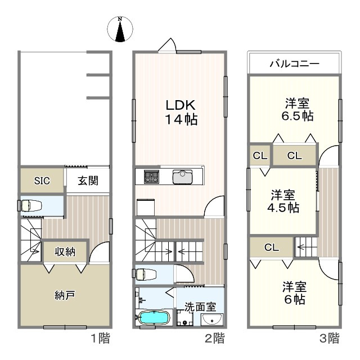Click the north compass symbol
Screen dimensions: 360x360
[x=120, y=29]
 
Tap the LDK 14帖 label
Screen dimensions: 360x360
[x=181, y=112]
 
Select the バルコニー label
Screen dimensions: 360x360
[x=295, y=64]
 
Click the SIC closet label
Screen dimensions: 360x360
[x=42, y=181]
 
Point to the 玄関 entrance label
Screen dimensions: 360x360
[x=88, y=181]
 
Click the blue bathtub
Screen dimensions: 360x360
[x=154, y=317]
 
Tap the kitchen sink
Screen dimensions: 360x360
[x=182, y=177]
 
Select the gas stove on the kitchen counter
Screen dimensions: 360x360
[x=151, y=177]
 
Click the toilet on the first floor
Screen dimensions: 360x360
[x=31, y=205]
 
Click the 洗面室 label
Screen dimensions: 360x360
[x=200, y=307]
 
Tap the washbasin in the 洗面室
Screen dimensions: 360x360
[x=211, y=319]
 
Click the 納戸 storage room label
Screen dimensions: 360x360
[x=65, y=295]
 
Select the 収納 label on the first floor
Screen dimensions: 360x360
[x=65, y=251]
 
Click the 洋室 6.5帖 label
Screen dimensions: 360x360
[x=298, y=109]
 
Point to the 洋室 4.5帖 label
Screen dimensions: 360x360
[x=283, y=201]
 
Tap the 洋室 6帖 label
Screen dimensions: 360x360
[x=295, y=293]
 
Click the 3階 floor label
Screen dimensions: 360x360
[x=329, y=338]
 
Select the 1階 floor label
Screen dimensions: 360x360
[x=100, y=338]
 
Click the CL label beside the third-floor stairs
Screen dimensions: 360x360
[x=272, y=247]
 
